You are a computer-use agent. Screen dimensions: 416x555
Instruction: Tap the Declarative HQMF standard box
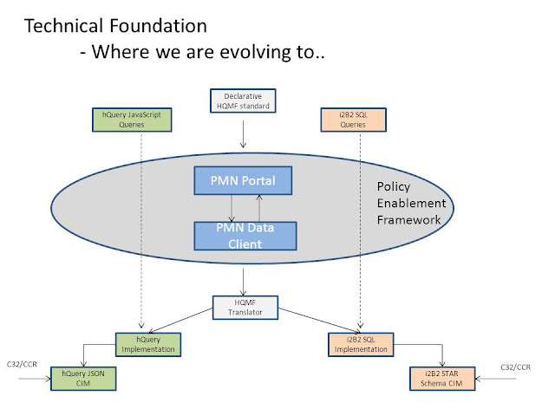(x=243, y=101)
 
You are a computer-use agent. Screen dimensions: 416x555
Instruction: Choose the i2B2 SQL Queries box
(x=355, y=120)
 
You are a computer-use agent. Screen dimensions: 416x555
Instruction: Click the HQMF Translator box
(x=244, y=306)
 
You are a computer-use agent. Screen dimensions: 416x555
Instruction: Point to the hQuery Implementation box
(x=147, y=344)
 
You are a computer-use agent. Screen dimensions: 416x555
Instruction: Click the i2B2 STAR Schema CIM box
(x=443, y=378)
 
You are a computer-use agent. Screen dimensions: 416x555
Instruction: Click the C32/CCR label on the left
(x=22, y=367)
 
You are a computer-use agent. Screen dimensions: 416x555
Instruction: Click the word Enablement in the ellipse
(x=411, y=204)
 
